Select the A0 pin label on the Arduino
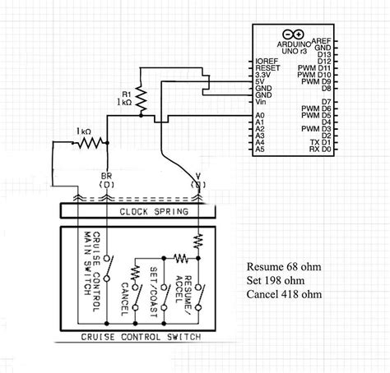point(260,116)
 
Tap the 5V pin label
point(261,81)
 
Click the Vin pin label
point(260,102)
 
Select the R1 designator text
point(126,94)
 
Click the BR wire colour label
point(106,176)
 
